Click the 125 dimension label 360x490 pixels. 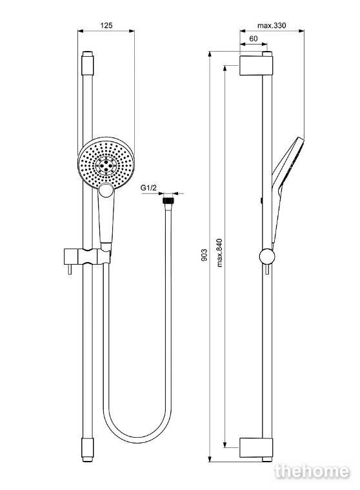coord(106,25)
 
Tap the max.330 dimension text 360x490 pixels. coord(272,25)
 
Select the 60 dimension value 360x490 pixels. coord(254,39)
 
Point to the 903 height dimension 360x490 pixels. coord(204,255)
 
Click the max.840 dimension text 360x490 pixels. coord(219,252)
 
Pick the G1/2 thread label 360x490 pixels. coord(148,187)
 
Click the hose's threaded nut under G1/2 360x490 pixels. coord(168,200)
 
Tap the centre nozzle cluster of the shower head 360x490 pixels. coord(106,164)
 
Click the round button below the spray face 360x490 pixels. coord(106,190)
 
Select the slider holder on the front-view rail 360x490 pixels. coord(88,256)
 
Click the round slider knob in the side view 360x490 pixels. coord(267,256)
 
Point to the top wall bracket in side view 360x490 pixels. coord(256,66)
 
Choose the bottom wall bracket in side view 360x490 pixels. coord(256,447)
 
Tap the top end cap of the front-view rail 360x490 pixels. coord(88,63)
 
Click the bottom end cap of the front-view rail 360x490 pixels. coord(88,450)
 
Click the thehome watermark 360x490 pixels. coord(312,471)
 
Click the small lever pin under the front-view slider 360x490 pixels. coord(70,269)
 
